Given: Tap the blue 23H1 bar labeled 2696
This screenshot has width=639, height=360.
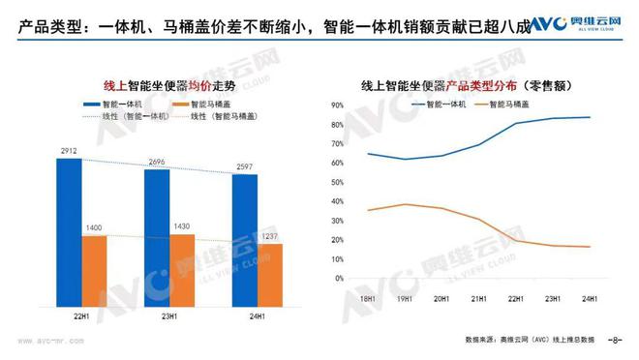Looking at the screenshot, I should (x=157, y=229).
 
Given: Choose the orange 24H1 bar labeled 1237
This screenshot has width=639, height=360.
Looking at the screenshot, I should (x=270, y=266).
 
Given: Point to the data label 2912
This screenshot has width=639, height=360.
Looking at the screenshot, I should (x=69, y=152).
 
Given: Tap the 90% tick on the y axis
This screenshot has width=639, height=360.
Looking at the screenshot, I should (x=338, y=105).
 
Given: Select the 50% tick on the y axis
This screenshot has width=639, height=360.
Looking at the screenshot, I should (x=338, y=182).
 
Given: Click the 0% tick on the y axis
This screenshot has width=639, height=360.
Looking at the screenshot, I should (x=340, y=279).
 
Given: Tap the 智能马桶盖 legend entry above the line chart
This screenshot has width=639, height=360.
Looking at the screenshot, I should (x=516, y=103).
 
